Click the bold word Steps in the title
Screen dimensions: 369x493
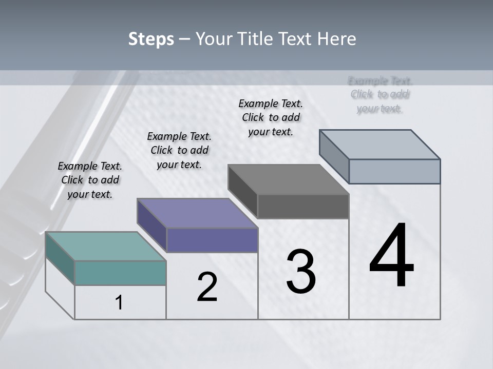coord(151,39)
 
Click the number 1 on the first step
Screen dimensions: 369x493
coord(119,303)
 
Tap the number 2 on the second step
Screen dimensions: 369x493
coord(207,288)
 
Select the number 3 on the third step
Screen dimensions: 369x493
coord(301,272)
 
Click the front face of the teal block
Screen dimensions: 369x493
coord(120,273)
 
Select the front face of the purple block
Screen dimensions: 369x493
coord(212,240)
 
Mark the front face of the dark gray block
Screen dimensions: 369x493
coord(303,207)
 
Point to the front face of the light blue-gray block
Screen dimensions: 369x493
coord(394,171)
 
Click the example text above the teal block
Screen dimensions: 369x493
coord(90,180)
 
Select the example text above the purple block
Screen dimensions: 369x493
coord(179,150)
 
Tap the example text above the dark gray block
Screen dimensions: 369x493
coord(271,117)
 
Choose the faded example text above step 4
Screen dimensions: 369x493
coord(380,94)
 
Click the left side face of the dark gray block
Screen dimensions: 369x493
coord(243,186)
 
